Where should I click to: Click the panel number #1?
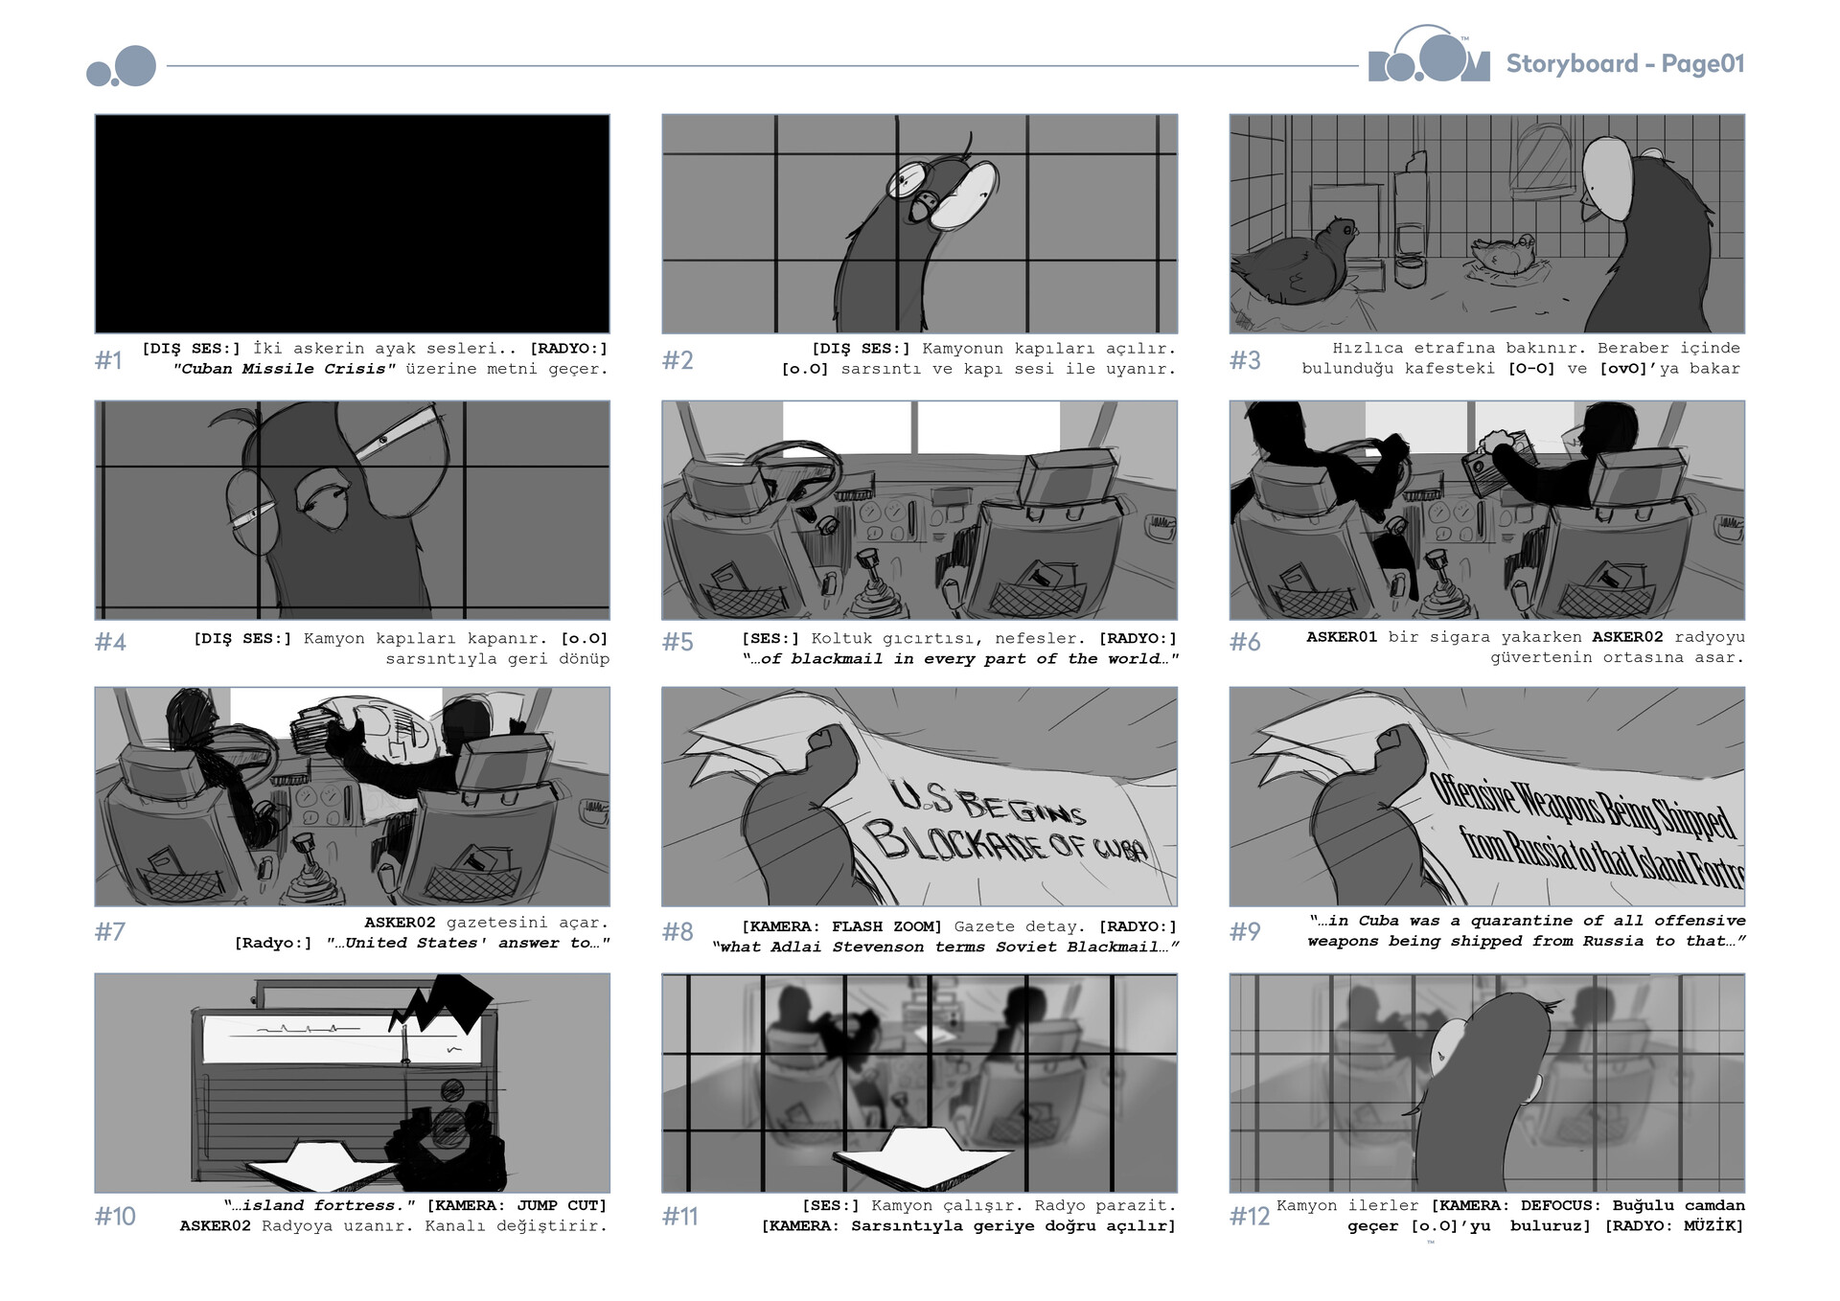coord(108,360)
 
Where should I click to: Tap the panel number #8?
coord(678,931)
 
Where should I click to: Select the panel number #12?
coord(1250,1216)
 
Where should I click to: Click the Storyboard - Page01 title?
coord(1624,64)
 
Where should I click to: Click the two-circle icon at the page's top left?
coord(122,67)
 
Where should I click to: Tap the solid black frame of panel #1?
coord(352,223)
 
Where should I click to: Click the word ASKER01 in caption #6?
coord(1342,637)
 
